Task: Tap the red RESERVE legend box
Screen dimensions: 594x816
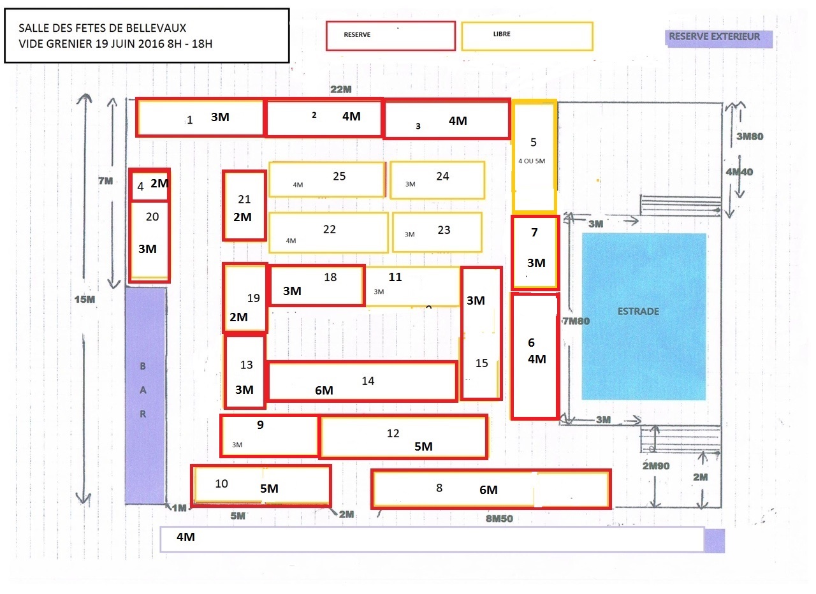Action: (390, 36)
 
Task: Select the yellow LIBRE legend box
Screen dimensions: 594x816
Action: (527, 36)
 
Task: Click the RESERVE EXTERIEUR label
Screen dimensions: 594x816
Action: (718, 38)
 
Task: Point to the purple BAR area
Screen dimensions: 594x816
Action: (145, 395)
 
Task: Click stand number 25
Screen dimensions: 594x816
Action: (327, 179)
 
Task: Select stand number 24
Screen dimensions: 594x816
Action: (437, 180)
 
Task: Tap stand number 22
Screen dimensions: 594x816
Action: (328, 232)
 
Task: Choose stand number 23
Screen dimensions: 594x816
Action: (437, 232)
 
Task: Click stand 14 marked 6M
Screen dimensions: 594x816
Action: (362, 382)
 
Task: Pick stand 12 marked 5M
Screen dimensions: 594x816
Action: (403, 437)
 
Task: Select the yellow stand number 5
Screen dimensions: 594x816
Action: (534, 157)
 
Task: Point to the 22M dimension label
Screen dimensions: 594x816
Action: (341, 90)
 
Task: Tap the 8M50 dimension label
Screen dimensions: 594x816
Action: (499, 519)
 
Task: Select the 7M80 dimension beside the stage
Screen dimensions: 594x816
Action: (576, 321)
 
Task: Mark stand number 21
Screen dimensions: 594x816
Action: (244, 205)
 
